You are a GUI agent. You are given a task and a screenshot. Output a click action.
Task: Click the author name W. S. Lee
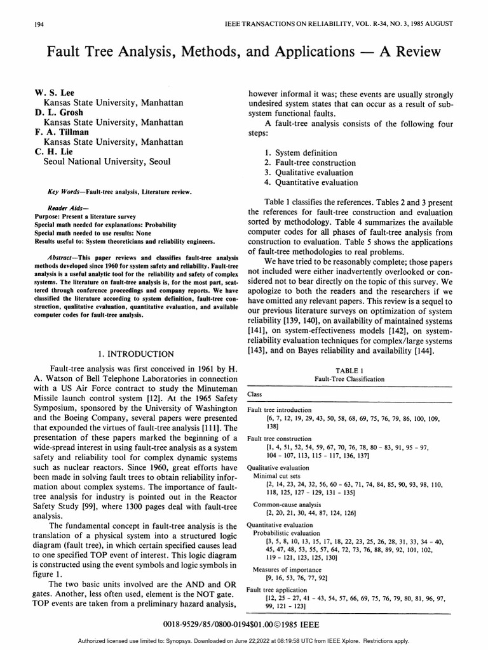54,93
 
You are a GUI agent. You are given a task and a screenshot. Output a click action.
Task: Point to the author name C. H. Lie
55,152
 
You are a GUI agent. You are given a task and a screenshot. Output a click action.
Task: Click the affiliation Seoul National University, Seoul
107,162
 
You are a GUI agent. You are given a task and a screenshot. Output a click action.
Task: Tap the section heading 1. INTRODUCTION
138,354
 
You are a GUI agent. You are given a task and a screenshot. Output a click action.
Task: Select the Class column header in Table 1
254,394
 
